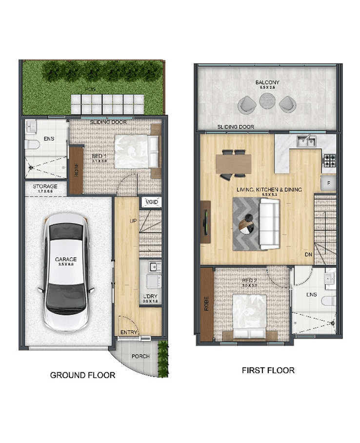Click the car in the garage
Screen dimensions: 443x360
68,275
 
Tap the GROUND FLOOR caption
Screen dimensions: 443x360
83,375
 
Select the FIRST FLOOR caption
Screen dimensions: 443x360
268,370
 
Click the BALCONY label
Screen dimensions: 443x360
267,82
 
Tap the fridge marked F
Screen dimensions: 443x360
328,183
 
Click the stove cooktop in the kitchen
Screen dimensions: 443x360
329,160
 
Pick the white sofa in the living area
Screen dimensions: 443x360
269,224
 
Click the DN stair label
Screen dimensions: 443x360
308,255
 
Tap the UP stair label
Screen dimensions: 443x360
133,221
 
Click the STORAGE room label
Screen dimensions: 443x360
45,186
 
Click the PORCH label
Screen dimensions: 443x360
140,356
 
